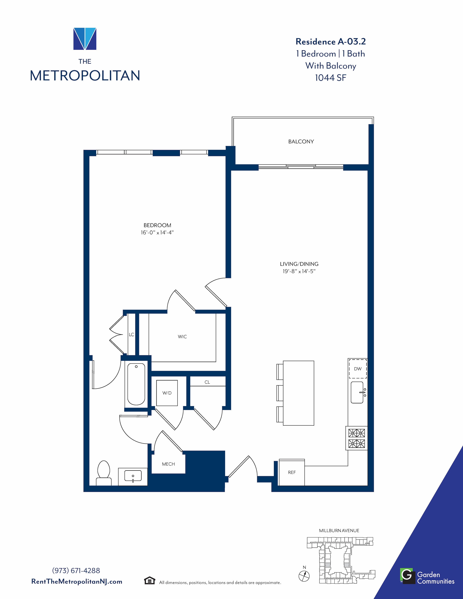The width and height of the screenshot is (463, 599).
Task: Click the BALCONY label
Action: point(301,142)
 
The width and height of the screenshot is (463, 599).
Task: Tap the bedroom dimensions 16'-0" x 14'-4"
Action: point(157,233)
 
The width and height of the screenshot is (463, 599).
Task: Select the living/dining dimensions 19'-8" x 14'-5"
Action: point(299,271)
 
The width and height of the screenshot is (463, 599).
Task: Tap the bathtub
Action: point(136,384)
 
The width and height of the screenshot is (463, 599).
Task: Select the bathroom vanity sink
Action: point(133,476)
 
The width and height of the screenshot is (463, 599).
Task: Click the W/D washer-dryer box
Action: point(167,393)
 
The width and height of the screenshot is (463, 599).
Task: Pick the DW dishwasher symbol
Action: point(358,369)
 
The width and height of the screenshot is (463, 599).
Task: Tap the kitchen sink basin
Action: point(357,392)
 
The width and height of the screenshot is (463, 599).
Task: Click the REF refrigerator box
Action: point(292,472)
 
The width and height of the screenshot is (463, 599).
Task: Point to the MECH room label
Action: point(168,464)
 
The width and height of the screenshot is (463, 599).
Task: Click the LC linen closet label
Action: point(131,335)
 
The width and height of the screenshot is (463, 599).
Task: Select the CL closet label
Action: point(207,382)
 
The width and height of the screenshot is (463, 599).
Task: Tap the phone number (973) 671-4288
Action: point(76,571)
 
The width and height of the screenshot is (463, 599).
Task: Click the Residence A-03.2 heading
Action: point(330,41)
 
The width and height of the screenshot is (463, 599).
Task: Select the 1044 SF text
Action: point(330,78)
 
